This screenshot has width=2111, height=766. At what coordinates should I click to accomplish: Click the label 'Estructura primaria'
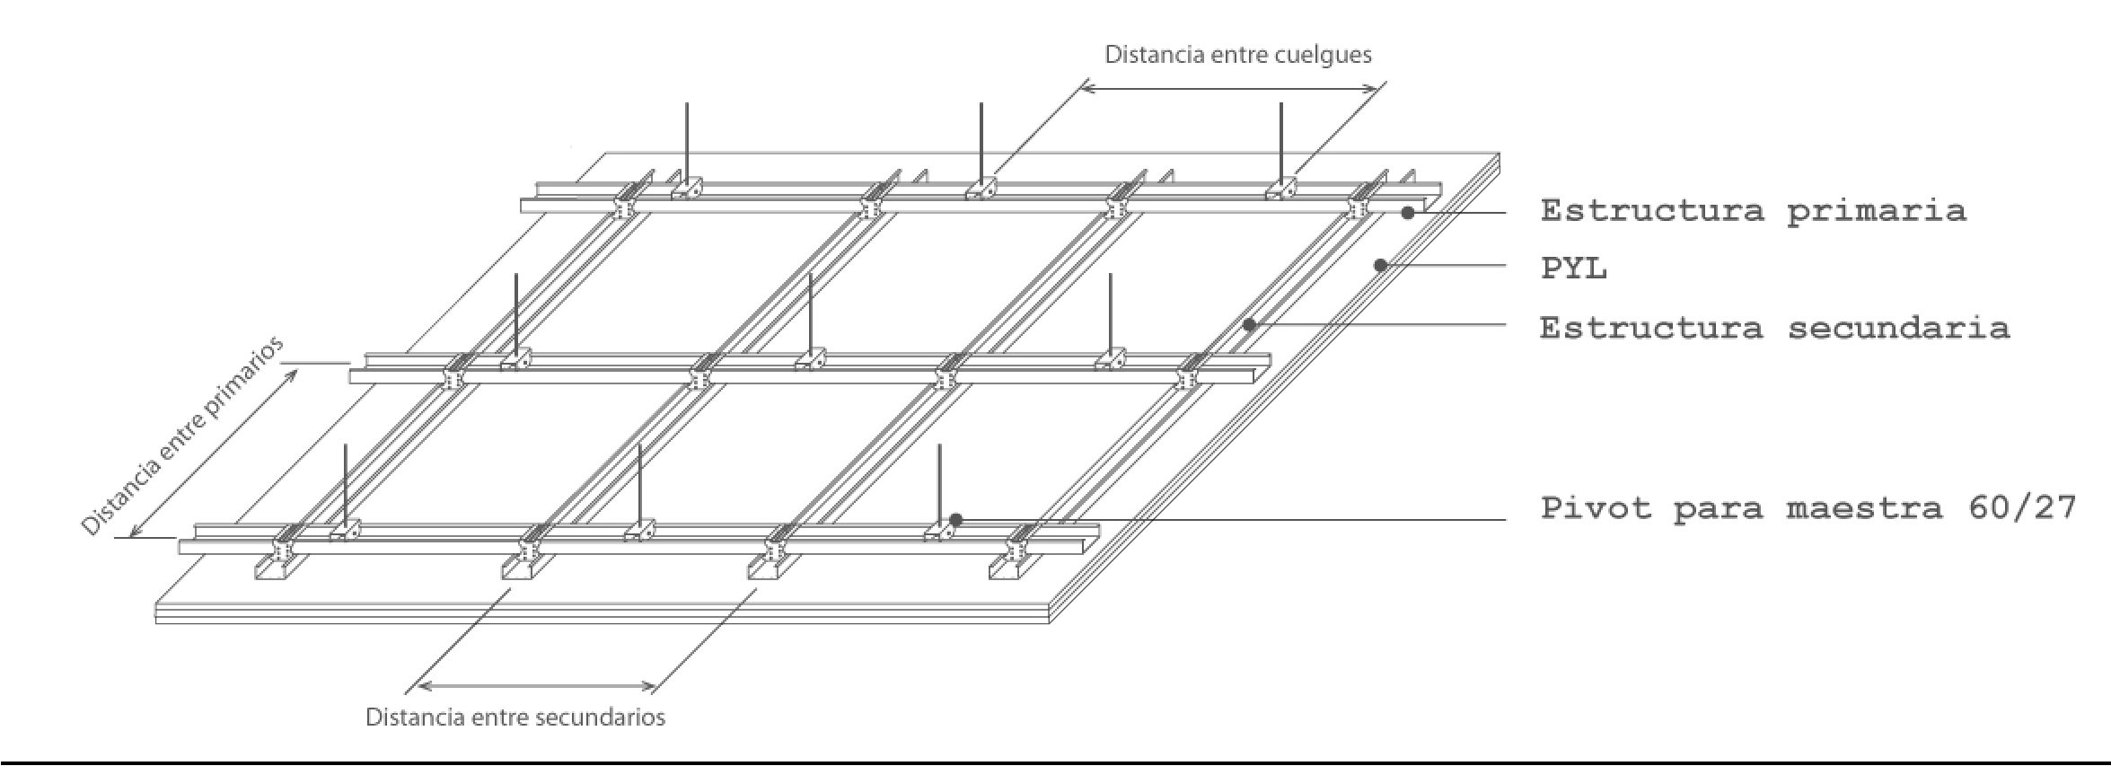1753,211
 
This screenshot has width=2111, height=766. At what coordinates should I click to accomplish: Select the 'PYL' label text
1573,269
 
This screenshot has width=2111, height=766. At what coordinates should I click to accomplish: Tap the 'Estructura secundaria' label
1774,328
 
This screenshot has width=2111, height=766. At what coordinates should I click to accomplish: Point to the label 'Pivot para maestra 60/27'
1808,508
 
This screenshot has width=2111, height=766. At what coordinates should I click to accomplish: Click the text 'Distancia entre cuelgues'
1237,55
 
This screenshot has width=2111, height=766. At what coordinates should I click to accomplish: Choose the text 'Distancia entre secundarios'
515,718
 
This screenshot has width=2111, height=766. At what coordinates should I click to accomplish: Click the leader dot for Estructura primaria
1408,213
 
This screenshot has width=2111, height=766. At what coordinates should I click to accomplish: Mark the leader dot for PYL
1381,265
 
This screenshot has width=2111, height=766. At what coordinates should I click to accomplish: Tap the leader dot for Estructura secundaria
1249,325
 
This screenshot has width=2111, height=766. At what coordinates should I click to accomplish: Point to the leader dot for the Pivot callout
956,520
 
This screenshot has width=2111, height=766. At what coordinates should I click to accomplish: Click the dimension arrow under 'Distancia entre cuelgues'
1229,88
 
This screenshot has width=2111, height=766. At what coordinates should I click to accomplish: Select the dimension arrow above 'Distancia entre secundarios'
537,687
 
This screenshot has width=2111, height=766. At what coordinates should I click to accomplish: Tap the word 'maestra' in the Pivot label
1863,508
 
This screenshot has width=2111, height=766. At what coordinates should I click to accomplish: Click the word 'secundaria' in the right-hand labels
1898,328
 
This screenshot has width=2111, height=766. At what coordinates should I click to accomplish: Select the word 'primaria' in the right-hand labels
1876,211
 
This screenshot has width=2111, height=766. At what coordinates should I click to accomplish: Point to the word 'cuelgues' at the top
1322,55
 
